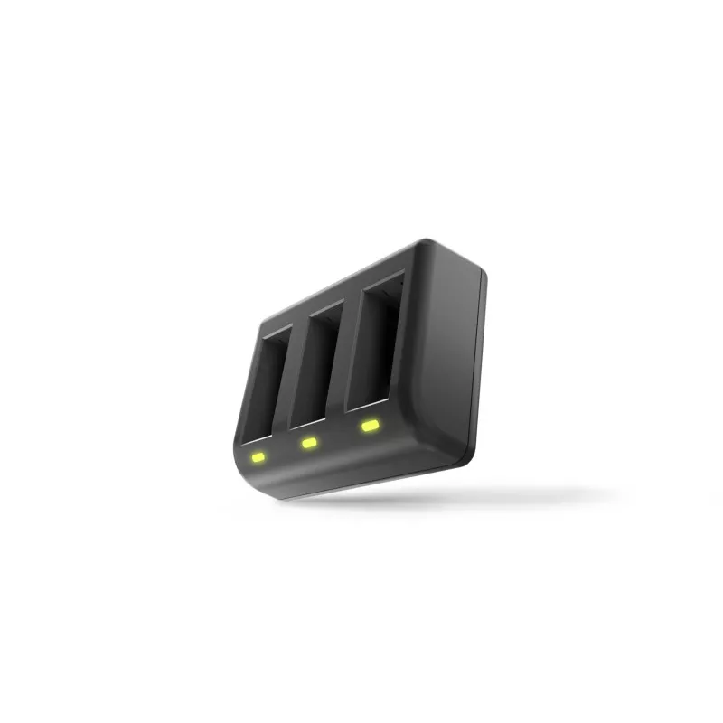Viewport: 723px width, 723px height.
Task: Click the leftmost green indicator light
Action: tap(258, 456)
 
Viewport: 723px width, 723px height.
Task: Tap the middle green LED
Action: tap(309, 443)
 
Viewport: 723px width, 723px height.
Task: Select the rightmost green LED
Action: tap(369, 425)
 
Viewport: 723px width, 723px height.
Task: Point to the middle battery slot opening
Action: tap(317, 361)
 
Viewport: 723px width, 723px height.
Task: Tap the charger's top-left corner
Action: tap(264, 319)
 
